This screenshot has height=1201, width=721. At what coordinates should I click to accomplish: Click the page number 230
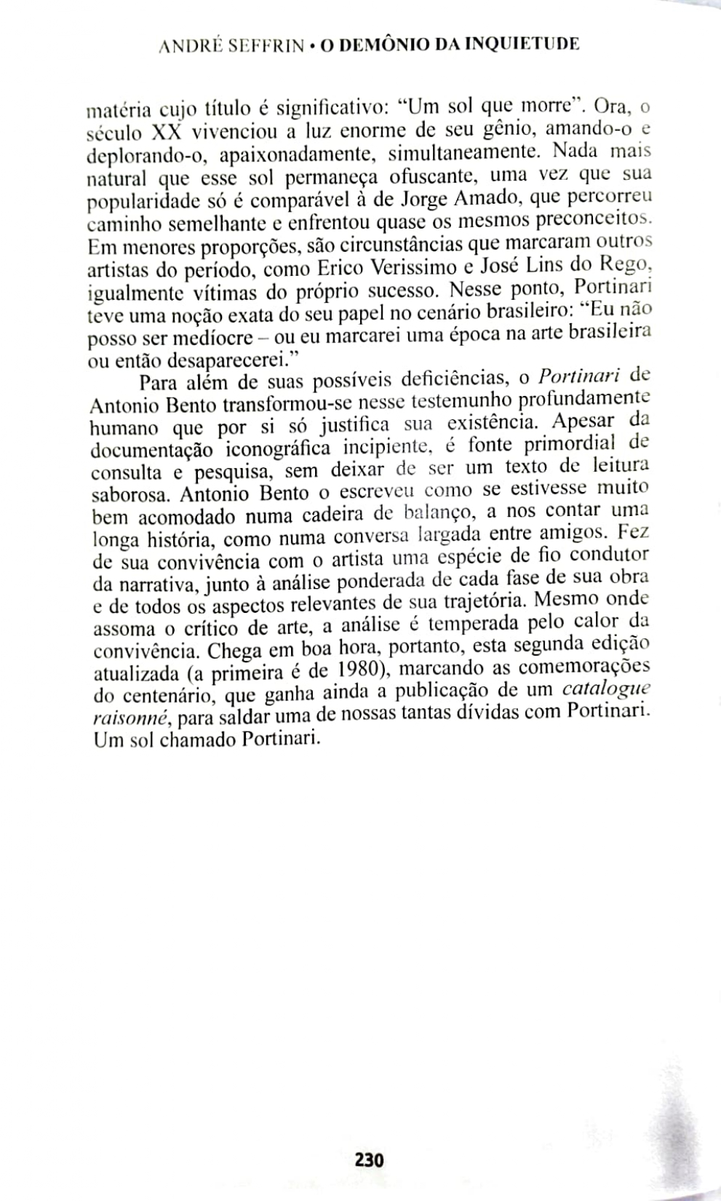pyautogui.click(x=369, y=1158)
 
